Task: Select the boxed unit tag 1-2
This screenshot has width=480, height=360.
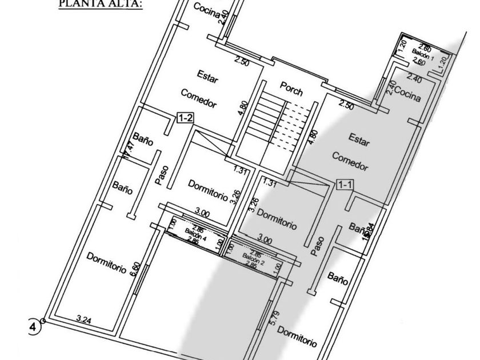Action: (185, 118)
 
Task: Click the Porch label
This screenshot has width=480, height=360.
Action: (291, 88)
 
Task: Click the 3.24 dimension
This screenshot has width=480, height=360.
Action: (83, 321)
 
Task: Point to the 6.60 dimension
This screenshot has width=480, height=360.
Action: (135, 269)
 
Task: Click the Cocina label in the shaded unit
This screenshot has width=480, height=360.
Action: (407, 94)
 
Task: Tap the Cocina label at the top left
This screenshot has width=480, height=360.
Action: (206, 10)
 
